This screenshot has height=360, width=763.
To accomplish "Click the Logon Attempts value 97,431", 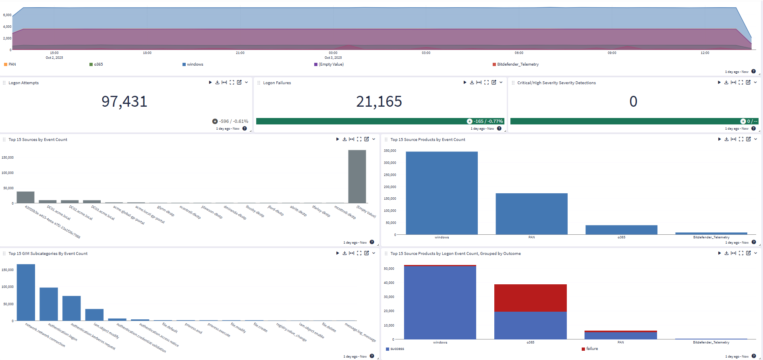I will [124, 101].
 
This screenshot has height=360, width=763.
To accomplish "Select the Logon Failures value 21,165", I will [379, 101].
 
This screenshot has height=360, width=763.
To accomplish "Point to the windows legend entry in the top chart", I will [195, 64].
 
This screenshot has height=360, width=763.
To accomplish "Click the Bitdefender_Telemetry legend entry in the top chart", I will [517, 64].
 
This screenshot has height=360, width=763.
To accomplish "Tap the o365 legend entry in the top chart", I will [98, 64].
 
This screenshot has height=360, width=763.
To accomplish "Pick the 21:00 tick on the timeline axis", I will [240, 53].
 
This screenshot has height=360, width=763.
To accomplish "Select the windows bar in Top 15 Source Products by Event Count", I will [442, 193].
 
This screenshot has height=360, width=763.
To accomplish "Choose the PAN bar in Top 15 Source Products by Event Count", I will [531, 214].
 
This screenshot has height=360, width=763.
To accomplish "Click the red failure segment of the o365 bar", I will [530, 298].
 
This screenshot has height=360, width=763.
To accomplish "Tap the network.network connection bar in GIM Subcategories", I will [26, 292].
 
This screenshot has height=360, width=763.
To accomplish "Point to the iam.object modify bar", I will [94, 315].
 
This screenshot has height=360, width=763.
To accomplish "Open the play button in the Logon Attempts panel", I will [210, 83].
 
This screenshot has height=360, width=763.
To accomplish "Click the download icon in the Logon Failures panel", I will [472, 83].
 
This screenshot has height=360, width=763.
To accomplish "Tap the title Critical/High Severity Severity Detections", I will [556, 83].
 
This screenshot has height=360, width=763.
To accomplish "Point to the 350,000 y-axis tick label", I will [390, 151].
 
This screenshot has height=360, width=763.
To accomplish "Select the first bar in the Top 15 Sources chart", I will [25, 197].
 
